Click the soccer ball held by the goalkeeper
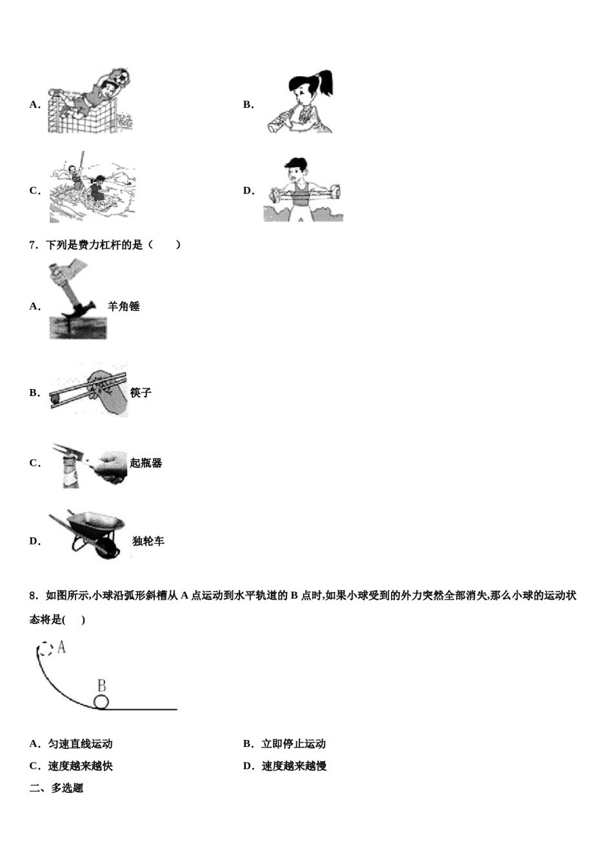click(121, 77)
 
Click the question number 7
click(34, 245)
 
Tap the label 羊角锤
click(124, 306)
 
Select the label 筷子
click(141, 393)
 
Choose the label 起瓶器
click(146, 463)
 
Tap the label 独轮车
click(148, 541)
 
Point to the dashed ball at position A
click(45, 649)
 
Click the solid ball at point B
click(101, 702)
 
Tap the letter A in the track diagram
click(62, 646)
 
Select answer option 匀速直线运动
click(80, 744)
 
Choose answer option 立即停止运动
click(294, 744)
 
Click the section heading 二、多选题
click(56, 788)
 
